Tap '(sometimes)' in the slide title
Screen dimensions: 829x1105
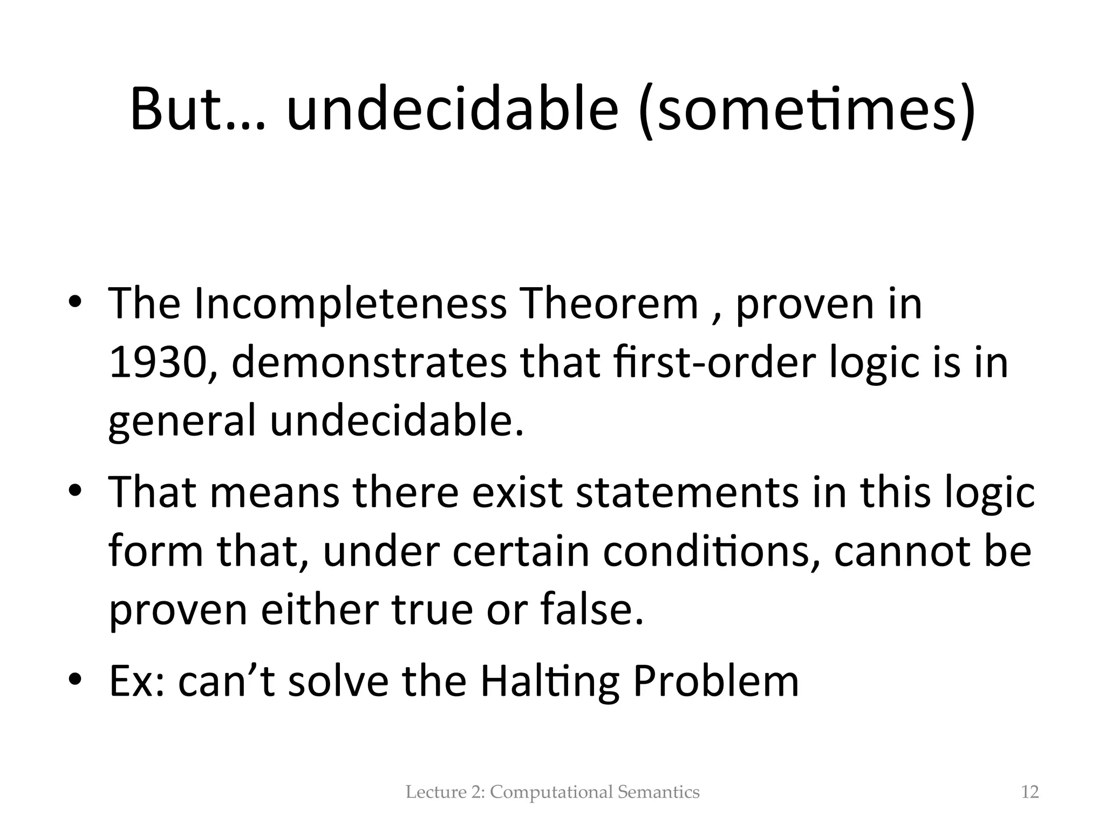click(806, 110)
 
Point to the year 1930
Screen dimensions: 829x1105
click(156, 363)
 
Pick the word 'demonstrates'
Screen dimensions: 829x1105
click(370, 363)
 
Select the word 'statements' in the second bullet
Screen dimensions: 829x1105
click(687, 492)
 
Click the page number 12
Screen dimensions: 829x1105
click(1030, 792)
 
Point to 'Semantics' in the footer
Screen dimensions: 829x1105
click(658, 792)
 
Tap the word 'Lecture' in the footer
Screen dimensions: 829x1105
click(428, 792)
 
